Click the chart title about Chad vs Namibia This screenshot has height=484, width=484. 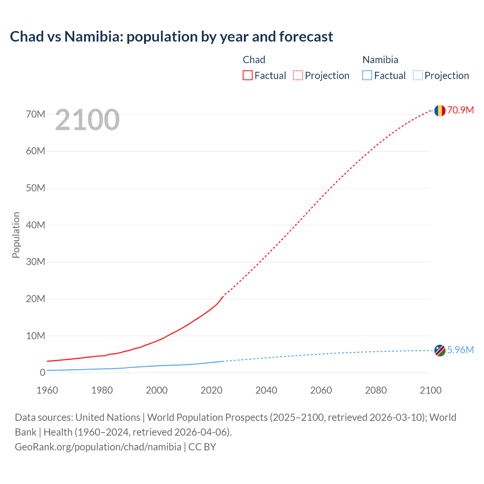171,37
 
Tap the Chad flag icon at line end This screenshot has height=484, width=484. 439,110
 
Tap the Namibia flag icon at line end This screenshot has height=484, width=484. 439,351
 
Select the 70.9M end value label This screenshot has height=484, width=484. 460,110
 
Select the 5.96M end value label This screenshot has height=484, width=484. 460,350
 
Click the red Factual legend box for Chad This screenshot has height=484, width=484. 247,76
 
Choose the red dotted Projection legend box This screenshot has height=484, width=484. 298,76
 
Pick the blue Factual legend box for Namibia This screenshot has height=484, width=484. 367,76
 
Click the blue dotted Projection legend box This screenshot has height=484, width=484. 418,76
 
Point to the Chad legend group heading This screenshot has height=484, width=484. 254,60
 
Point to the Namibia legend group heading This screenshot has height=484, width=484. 380,60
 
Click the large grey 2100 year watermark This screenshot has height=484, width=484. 87,120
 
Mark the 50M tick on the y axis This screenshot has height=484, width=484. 36,188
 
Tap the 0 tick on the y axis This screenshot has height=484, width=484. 42,373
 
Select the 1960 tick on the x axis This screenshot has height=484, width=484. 47,390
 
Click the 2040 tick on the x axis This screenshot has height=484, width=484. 266,390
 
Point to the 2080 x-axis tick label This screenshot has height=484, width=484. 376,390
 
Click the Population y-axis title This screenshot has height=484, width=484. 16,235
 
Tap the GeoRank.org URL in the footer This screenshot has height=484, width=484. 98,447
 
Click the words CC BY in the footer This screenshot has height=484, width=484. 202,447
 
